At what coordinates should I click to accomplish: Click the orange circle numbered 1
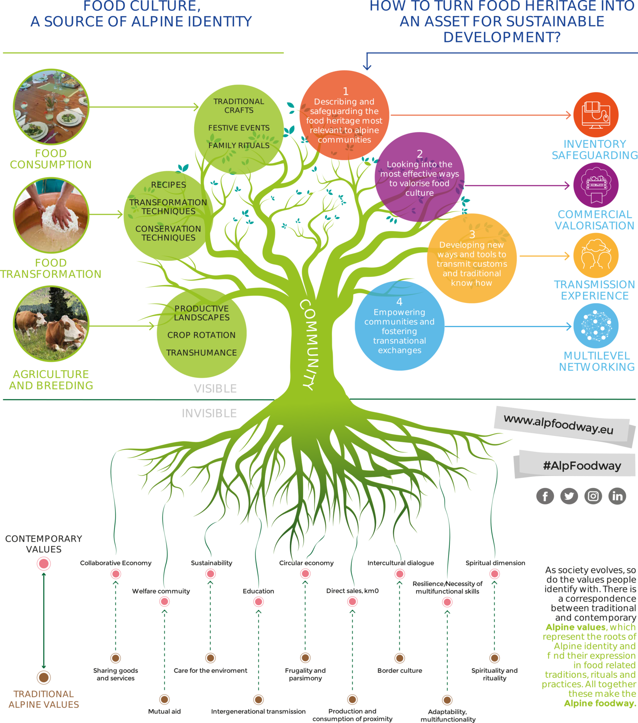click(x=344, y=115)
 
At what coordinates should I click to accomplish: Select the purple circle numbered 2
click(x=419, y=177)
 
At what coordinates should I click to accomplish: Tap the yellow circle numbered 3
click(x=472, y=258)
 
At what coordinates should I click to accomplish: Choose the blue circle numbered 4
click(x=399, y=326)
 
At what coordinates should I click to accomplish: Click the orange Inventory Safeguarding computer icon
click(x=596, y=115)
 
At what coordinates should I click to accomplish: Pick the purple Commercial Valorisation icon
click(x=596, y=185)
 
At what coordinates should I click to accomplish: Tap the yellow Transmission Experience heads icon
click(x=596, y=255)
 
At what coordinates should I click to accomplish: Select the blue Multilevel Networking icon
click(x=596, y=326)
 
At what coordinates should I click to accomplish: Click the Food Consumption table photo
click(x=51, y=107)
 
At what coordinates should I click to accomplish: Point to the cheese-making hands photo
click(x=51, y=215)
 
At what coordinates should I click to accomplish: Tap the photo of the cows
click(x=51, y=323)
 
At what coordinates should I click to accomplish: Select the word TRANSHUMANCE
click(x=202, y=353)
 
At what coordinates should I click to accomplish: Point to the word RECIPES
click(x=168, y=185)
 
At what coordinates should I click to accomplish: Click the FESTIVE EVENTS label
click(x=239, y=128)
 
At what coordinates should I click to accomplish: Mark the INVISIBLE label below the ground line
click(x=209, y=413)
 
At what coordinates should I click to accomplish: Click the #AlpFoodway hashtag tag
click(x=582, y=466)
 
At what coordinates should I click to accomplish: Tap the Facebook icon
click(x=545, y=496)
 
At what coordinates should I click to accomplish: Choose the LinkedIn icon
click(x=617, y=496)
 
